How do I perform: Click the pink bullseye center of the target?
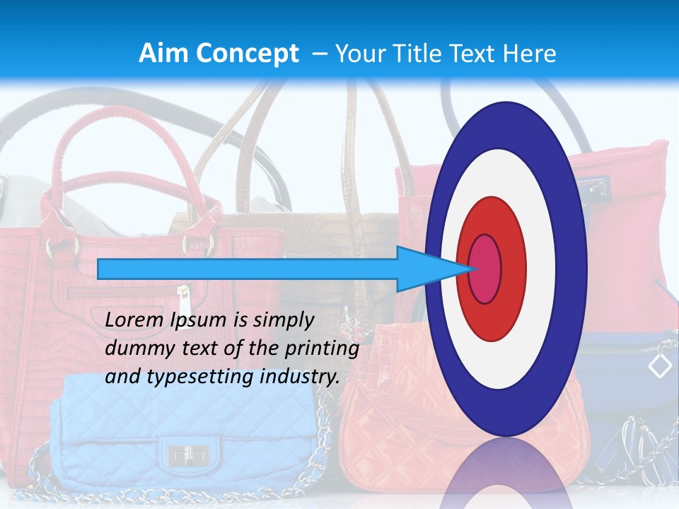click(485, 269)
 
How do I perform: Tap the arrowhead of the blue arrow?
click(424, 269)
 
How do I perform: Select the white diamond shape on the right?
click(660, 365)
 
